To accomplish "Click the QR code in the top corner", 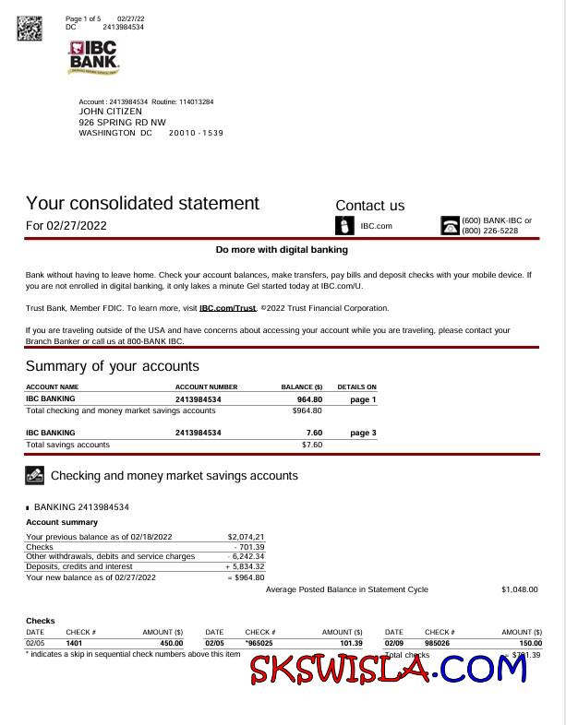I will pos(30,28).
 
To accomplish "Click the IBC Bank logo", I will pos(93,57).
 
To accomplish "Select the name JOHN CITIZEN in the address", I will pos(111,112).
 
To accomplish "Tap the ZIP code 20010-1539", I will pos(196,133).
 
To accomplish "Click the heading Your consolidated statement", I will pos(142,203).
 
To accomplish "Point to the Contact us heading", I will pos(369,206).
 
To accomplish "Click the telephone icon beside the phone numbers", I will pos(450,226).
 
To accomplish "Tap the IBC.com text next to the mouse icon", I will pos(376,226).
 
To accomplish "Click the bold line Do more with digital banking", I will pos(282,250).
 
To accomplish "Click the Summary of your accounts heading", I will pos(112,366).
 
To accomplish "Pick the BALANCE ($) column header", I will pos(301,387).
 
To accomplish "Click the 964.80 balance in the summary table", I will pos(309,399).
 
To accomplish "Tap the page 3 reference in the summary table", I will pos(363,433).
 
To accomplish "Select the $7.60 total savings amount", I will pos(311,445).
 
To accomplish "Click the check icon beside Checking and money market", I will pos(34,476).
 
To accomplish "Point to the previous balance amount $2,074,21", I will pos(246,537).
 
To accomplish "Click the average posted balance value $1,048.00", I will pos(519,589).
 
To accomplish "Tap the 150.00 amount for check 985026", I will pos(530,643).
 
